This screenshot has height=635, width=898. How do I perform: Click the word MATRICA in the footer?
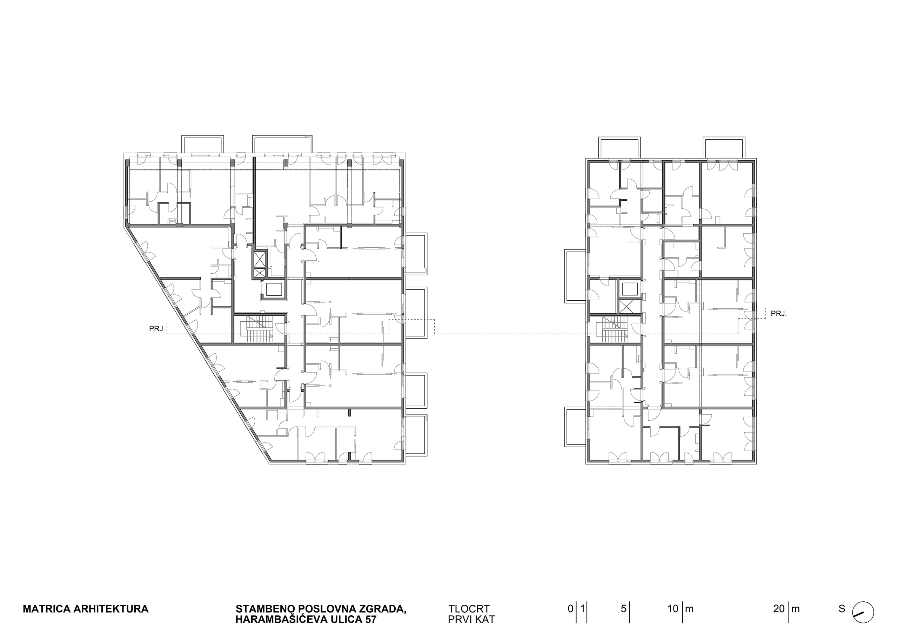[47, 609]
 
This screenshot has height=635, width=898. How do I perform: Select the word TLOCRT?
[469, 609]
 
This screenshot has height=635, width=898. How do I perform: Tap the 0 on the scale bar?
[571, 609]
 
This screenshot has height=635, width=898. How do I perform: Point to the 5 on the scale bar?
[623, 609]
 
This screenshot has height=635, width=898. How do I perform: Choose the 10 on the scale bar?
[673, 609]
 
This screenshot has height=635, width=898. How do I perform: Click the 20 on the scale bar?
[779, 609]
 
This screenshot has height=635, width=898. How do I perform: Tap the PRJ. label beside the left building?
[157, 329]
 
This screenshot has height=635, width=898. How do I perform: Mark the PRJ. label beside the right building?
[779, 314]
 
